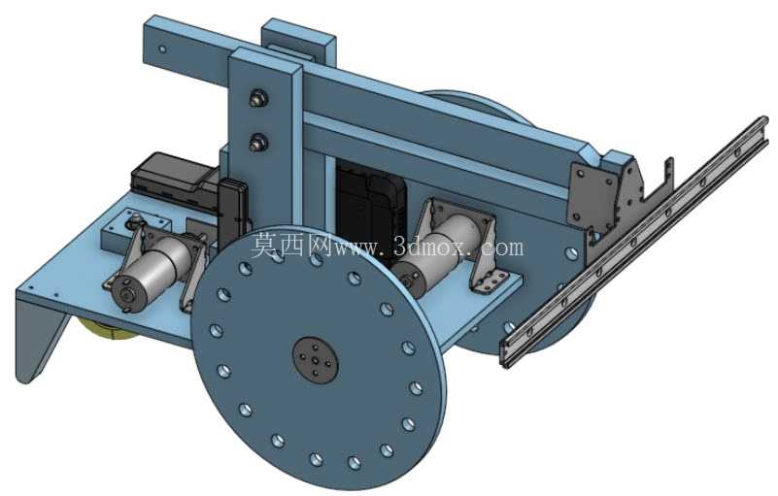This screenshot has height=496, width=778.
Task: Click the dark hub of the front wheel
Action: point(315,358)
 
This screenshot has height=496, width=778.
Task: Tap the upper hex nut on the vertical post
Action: point(258,98)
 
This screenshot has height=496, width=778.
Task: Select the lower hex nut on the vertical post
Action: point(258,143)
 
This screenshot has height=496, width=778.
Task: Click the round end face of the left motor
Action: point(126,295)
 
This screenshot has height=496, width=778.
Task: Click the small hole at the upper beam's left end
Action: point(162,50)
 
